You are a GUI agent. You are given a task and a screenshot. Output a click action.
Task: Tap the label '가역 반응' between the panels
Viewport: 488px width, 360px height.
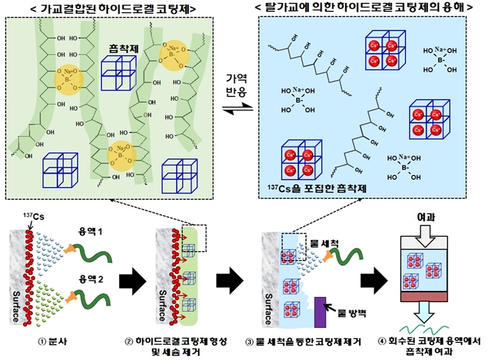(234, 87)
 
